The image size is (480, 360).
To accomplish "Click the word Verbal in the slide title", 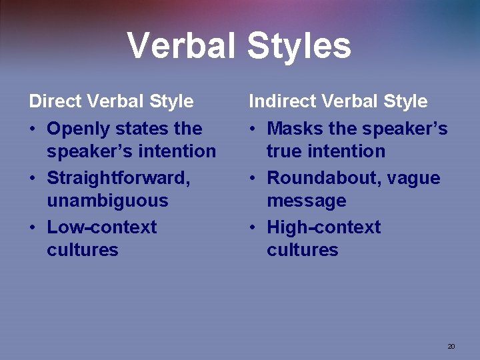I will (x=181, y=46).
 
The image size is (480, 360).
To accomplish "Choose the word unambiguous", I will (x=107, y=201).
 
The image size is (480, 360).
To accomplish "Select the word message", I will (x=307, y=201).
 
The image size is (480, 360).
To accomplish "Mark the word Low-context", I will (x=101, y=227).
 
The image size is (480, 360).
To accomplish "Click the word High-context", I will (x=323, y=227).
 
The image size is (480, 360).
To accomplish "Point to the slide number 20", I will (x=451, y=346).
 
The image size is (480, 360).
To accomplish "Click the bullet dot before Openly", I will (x=33, y=129).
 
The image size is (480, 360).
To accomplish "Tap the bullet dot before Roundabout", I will (x=253, y=179).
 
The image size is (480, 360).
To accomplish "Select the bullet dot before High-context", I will (x=253, y=228).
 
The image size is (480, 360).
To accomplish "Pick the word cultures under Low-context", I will (x=83, y=250).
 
